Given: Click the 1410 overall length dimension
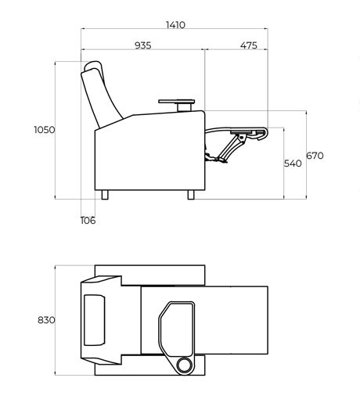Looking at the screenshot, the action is click(x=175, y=25).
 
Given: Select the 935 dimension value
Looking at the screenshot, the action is click(x=143, y=45).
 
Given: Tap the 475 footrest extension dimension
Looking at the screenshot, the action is click(x=249, y=45).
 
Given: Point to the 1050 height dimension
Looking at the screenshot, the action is click(x=45, y=130).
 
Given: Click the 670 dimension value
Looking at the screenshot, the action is click(x=315, y=156).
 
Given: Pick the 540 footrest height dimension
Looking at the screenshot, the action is click(x=293, y=164).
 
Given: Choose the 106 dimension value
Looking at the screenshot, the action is click(x=88, y=221).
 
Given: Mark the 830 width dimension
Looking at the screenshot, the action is click(x=46, y=320).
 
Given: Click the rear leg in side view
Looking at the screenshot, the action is click(x=105, y=195).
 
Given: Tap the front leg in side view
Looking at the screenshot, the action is click(x=191, y=195).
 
